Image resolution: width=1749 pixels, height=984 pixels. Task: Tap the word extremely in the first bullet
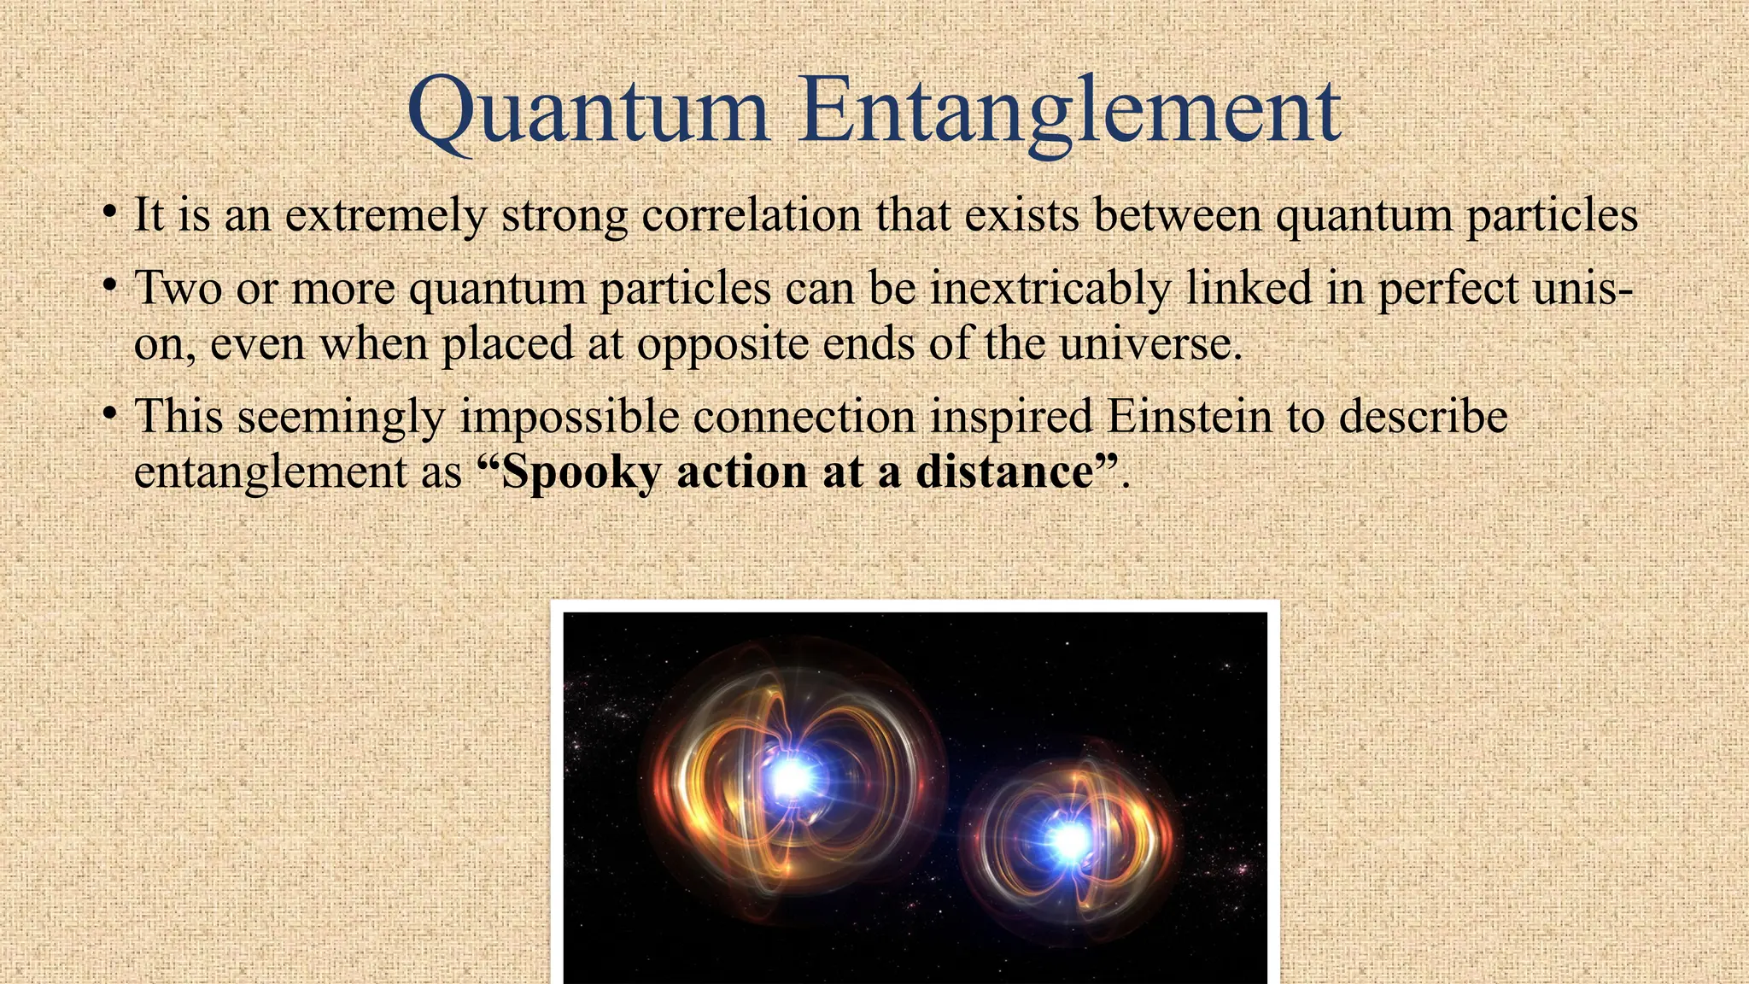click(385, 215)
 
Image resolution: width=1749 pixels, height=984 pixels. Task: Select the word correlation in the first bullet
click(751, 215)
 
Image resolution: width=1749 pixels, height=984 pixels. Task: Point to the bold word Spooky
click(581, 472)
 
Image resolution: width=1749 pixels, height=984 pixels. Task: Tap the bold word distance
click(1005, 472)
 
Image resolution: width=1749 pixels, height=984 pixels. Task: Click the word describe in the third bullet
click(1423, 418)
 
